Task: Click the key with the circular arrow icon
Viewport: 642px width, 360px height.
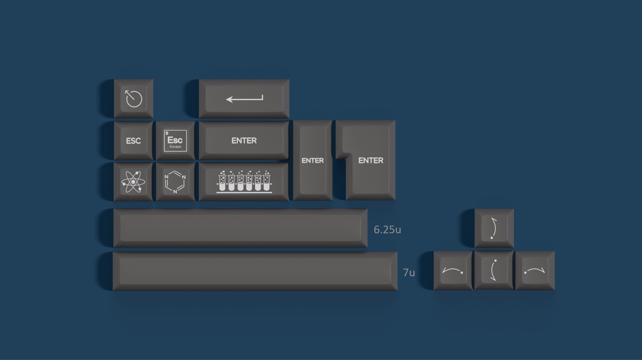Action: (133, 98)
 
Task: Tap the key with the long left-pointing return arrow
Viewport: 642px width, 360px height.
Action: (244, 98)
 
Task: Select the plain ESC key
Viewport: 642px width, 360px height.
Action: (133, 140)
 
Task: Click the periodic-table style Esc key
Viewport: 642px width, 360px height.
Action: (175, 140)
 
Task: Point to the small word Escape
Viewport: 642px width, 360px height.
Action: (175, 147)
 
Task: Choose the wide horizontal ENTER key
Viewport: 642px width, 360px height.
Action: (244, 140)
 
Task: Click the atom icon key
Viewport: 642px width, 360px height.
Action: (133, 182)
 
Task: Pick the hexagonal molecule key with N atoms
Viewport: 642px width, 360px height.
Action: (175, 182)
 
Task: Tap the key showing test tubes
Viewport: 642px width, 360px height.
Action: (244, 182)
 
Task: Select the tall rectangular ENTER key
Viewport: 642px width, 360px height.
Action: (312, 160)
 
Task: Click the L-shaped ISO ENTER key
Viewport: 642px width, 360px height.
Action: (370, 160)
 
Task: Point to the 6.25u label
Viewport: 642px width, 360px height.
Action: (387, 230)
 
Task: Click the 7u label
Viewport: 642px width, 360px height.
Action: (409, 273)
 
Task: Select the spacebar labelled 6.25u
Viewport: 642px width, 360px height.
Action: (240, 228)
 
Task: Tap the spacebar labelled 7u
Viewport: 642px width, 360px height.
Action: (255, 270)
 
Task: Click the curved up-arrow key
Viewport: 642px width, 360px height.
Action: (494, 228)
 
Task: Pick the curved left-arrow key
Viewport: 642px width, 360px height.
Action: (453, 271)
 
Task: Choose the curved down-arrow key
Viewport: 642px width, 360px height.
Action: (494, 271)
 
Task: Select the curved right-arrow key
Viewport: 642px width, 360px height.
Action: (534, 271)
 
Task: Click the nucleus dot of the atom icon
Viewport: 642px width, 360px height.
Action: (133, 182)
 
